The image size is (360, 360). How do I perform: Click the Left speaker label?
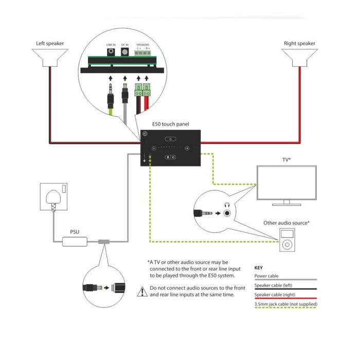click(50, 44)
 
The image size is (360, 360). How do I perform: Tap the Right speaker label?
click(299, 44)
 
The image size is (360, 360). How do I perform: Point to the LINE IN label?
click(111, 45)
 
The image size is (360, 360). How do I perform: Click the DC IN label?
click(125, 45)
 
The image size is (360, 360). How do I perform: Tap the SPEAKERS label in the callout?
click(142, 45)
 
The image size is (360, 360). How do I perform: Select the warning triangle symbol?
click(142, 292)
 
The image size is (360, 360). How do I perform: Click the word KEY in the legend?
click(259, 268)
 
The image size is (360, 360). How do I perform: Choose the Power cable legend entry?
click(269, 276)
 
